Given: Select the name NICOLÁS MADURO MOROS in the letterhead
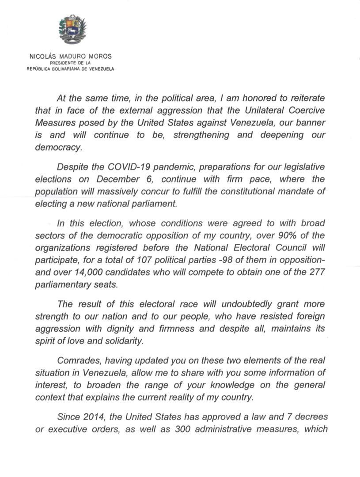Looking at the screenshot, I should tap(70, 56).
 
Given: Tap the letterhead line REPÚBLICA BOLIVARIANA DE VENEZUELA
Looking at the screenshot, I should tap(70, 68).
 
